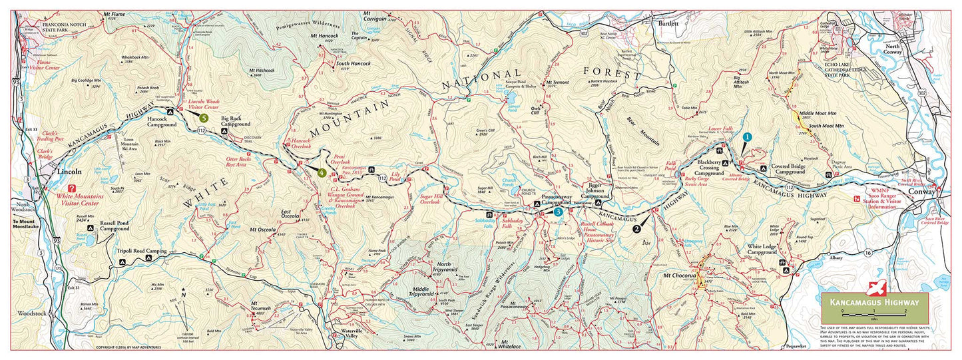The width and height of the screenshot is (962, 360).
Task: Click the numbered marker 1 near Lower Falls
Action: coord(747,137)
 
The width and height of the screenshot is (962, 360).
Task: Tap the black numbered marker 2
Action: coord(637,229)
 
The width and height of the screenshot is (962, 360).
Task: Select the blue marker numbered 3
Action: coord(558,212)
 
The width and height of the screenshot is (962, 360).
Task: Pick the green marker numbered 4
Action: coord(322,173)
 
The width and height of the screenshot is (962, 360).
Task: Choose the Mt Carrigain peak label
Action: coord(375,17)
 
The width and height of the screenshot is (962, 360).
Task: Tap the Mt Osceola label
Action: coord(262,230)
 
